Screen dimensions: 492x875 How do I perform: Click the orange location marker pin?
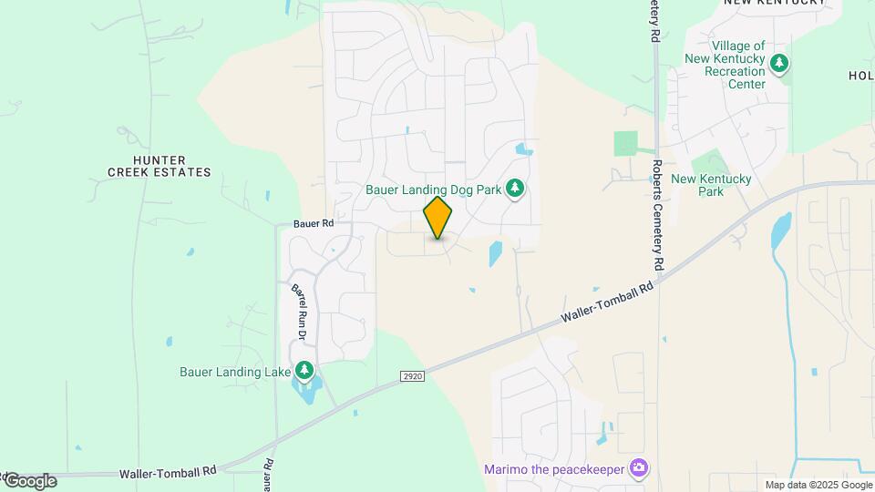(438, 218)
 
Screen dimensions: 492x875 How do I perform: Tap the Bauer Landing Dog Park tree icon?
(515, 189)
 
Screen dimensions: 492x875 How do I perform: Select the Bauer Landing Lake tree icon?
(304, 371)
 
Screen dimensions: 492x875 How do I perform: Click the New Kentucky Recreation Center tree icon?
(778, 64)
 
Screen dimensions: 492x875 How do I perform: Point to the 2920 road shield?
(413, 375)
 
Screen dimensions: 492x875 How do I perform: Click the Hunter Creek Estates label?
(160, 165)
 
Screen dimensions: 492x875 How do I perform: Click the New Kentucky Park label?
(711, 185)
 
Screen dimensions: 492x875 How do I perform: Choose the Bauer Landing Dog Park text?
(433, 190)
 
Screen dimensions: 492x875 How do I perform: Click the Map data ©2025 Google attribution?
(818, 485)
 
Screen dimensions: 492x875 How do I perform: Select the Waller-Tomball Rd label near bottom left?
(168, 473)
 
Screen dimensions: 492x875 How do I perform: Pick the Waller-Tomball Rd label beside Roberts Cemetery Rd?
(608, 301)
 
